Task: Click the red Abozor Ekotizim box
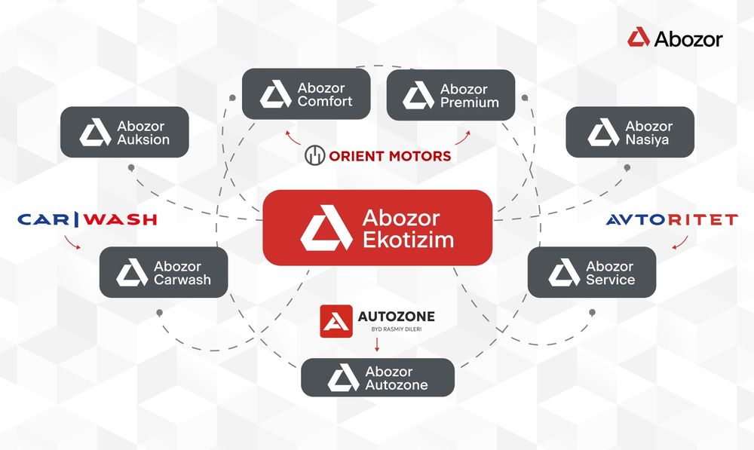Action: tap(378, 228)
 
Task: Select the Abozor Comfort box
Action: tap(306, 94)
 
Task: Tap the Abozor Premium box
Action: tap(451, 95)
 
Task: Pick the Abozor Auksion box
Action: tap(124, 132)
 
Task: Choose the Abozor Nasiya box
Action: tap(630, 132)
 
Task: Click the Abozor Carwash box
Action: tap(164, 272)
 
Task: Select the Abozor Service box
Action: tap(592, 272)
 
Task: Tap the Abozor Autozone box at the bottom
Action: tap(378, 378)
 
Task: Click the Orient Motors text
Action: tap(390, 156)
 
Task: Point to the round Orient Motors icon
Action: tap(315, 155)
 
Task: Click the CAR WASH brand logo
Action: tap(87, 219)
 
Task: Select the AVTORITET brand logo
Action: tap(672, 219)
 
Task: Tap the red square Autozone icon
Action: tap(336, 321)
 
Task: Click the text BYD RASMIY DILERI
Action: tap(397, 329)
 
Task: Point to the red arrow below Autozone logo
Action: tap(377, 344)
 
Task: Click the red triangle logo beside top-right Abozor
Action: tap(639, 37)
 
